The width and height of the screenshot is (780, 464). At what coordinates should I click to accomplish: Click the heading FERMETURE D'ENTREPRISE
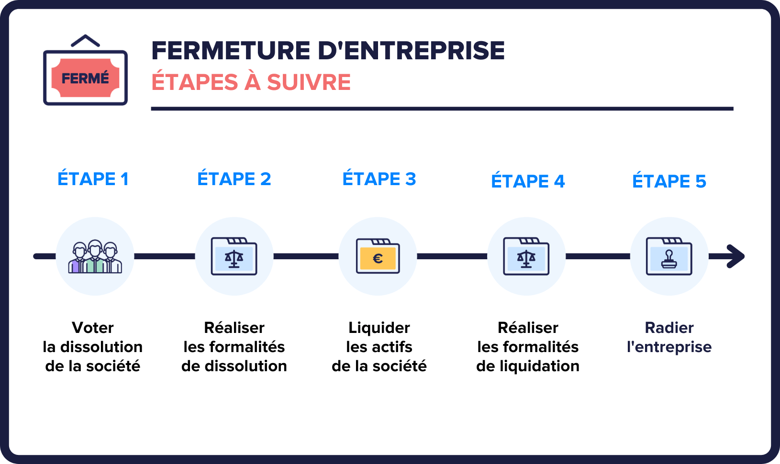pos(328,51)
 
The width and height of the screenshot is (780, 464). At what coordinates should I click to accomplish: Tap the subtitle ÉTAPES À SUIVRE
pos(251,82)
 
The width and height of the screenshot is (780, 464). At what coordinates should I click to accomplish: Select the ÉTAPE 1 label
pos(93,179)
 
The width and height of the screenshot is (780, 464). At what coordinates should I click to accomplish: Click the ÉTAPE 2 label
pos(234,179)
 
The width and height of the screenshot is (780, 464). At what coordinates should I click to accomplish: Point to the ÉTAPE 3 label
pos(379,179)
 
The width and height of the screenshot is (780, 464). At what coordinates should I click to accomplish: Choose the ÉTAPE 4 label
pos(528,181)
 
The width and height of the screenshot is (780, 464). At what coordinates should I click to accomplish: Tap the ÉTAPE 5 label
pos(669,181)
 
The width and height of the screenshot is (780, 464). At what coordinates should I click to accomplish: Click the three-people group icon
pos(95,257)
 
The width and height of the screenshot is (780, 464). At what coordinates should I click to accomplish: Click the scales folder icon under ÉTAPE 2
pos(234,257)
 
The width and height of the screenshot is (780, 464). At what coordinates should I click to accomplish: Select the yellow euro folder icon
pos(378,257)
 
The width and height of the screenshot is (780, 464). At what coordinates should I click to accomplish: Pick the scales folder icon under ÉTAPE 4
pos(526,257)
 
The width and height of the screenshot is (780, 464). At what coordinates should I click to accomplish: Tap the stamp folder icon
pos(669,257)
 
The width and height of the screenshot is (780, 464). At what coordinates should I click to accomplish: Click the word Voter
pos(93,328)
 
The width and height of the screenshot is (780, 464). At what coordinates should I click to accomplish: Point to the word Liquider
pos(379,328)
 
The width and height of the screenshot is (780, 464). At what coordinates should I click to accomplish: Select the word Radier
pos(669,328)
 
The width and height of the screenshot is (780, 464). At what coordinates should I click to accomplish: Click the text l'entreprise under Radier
pos(669,347)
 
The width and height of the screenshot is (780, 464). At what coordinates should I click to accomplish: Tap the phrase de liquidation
pos(528,366)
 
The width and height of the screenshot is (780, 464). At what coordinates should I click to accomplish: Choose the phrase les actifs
pos(379,347)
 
